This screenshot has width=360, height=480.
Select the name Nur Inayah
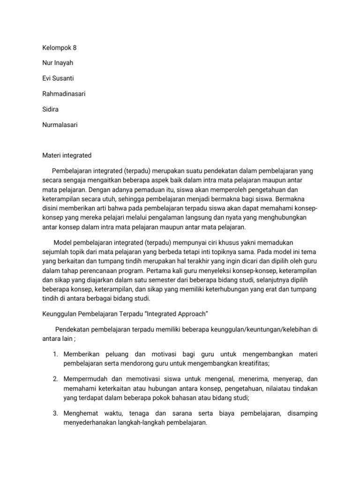point(57,63)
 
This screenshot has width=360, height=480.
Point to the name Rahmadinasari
point(64,94)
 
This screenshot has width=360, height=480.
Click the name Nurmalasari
point(60,125)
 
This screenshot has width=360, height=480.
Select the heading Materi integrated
point(67,155)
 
